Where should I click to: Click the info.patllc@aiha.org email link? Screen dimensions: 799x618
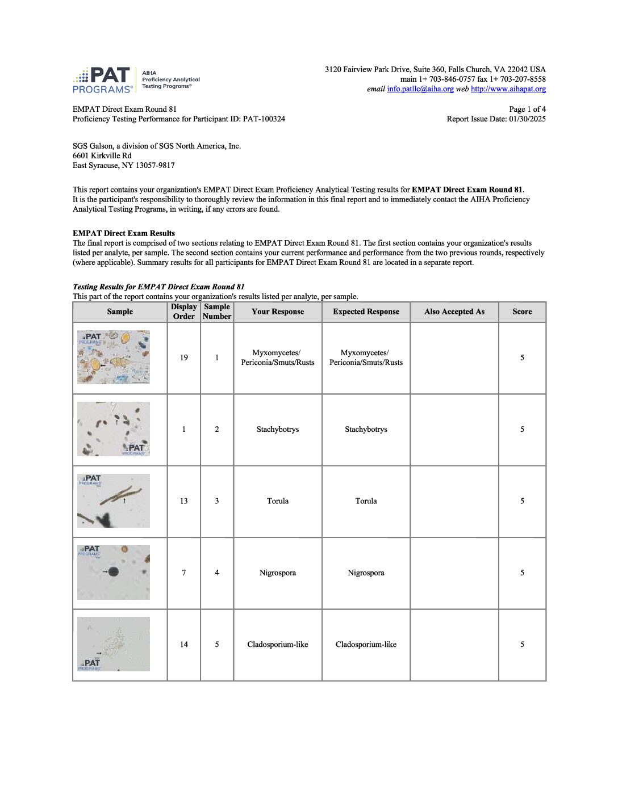420,89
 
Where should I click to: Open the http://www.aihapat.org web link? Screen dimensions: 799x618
508,89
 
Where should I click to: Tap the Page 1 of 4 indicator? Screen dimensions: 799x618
527,110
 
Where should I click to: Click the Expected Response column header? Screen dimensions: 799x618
366,312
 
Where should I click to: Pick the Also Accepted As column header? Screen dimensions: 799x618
454,312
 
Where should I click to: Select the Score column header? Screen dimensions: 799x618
522,312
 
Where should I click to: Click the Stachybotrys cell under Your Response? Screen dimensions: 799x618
277,430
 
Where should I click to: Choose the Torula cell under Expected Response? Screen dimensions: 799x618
366,501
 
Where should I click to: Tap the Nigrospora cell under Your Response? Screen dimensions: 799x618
277,573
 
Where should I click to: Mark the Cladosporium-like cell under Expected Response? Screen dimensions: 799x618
366,645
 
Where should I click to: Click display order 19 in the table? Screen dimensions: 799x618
183,358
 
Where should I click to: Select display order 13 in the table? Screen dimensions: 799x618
183,501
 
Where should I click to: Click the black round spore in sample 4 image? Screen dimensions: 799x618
114,571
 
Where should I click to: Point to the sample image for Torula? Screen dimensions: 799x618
114,501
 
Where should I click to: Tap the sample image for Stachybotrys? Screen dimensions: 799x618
114,429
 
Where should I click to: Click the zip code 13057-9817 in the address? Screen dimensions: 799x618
154,166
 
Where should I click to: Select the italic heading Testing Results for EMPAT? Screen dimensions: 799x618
158,287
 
